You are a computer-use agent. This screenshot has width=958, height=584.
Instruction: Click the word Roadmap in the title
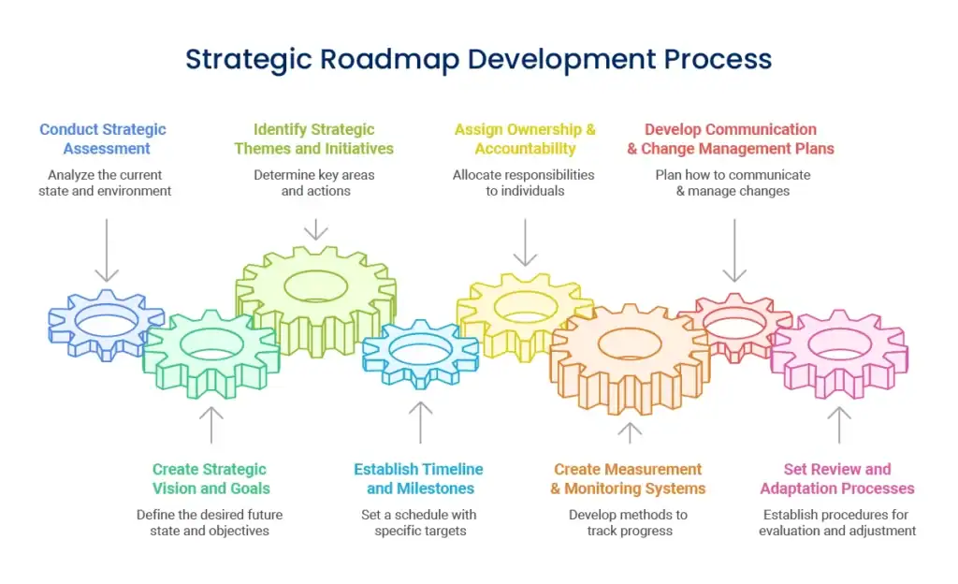pos(390,60)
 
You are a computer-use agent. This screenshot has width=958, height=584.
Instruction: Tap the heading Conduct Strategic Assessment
pos(103,139)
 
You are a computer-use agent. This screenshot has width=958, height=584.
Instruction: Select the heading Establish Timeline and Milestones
pos(419,479)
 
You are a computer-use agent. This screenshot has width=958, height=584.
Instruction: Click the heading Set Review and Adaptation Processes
pos(837,479)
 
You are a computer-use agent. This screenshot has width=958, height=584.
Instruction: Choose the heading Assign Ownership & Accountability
pos(525,139)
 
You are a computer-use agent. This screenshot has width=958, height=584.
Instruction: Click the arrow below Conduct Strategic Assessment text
pos(107,250)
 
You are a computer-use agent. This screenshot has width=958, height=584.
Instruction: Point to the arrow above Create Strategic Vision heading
pos(211,425)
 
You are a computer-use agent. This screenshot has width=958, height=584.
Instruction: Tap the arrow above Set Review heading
pos(839,425)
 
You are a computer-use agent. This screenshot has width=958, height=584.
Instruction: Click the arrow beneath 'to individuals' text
pos(526,242)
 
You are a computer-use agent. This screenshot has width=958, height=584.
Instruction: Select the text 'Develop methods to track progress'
pos(629,523)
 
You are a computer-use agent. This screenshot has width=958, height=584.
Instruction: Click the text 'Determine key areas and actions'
pos(314,182)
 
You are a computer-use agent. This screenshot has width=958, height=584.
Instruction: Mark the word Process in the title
pos(718,60)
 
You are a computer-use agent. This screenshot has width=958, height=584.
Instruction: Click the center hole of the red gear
pos(734,325)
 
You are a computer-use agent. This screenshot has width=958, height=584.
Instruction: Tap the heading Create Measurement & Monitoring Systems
pos(628,479)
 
